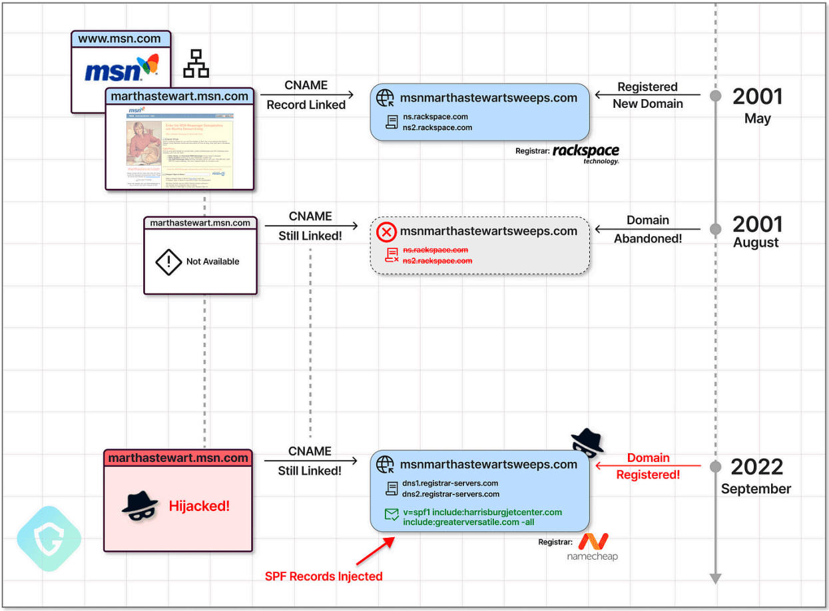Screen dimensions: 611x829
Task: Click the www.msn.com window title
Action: coord(121,39)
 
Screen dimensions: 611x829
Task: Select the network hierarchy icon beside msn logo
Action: coord(196,63)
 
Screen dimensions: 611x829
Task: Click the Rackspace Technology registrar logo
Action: coord(585,153)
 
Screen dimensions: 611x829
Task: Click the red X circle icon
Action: coord(386,232)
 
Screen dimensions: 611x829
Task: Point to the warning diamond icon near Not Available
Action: coord(168,262)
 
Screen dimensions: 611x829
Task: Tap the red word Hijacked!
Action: coord(199,506)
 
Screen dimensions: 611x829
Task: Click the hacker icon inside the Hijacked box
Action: coord(140,507)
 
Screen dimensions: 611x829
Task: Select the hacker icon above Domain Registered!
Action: coord(587,443)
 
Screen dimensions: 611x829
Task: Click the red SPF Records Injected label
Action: coord(324,576)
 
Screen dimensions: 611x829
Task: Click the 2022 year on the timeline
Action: coord(757,467)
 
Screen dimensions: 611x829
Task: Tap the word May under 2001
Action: coord(758,118)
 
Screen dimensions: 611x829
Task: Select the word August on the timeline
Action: coord(756,242)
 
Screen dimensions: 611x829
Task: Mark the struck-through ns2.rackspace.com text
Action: coord(437,261)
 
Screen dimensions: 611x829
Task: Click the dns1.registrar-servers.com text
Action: coord(450,483)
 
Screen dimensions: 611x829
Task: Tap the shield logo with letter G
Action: coord(49,538)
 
